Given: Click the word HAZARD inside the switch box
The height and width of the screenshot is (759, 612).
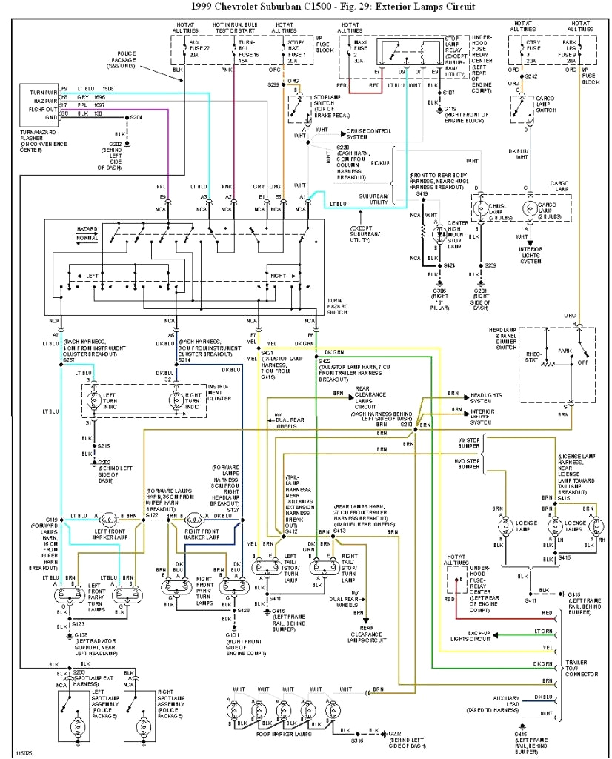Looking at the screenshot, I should [87, 229].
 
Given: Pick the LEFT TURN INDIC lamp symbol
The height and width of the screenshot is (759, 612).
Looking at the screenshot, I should [93, 400].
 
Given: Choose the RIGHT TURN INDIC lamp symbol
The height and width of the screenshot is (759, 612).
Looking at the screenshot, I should [176, 400].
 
